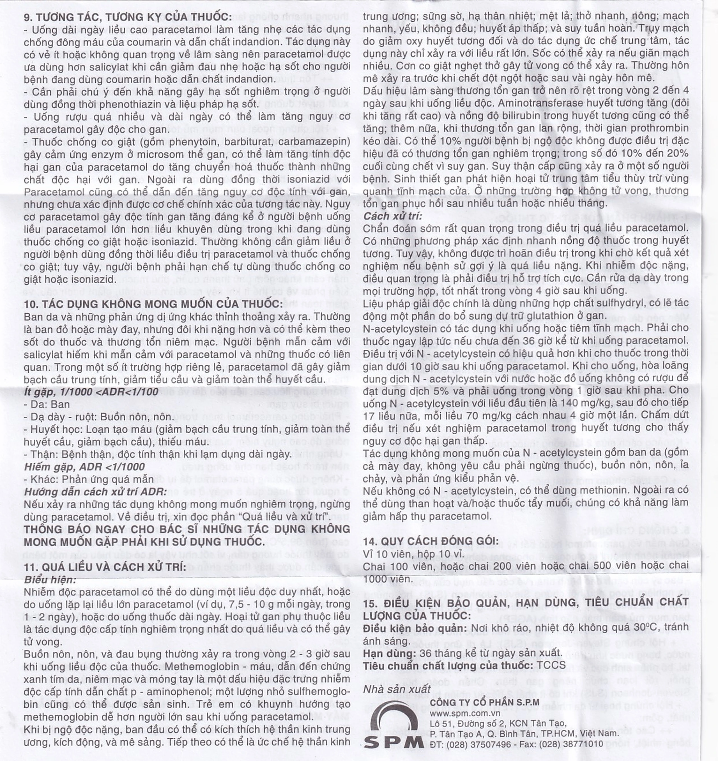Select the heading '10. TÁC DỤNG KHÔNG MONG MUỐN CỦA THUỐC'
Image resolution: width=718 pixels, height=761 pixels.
click(153, 304)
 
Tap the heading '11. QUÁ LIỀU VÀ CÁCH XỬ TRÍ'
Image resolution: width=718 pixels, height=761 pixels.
click(105, 567)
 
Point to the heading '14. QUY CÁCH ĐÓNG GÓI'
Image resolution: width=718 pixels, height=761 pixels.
click(431, 541)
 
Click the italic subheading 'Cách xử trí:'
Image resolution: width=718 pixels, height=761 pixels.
click(392, 216)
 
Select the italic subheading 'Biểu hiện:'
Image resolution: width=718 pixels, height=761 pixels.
click(50, 580)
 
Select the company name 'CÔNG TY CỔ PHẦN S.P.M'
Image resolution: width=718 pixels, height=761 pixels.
click(484, 702)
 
